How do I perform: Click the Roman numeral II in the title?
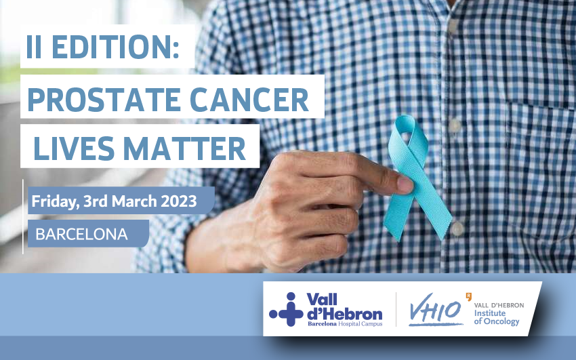pos(34,47)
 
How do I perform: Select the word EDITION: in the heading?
pos(115,47)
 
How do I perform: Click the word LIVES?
pos(74,148)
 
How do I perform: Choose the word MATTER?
pos(184,148)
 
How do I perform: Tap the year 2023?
pos(179,201)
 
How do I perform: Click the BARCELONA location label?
pos(81,234)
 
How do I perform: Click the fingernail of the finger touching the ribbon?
pos(405,184)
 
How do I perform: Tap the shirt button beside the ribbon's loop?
pos(455,125)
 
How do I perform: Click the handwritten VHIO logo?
pos(435,310)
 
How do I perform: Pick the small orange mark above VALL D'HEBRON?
pos(468,296)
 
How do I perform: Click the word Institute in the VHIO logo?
pos(490,313)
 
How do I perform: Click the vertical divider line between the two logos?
pos(396,309)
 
